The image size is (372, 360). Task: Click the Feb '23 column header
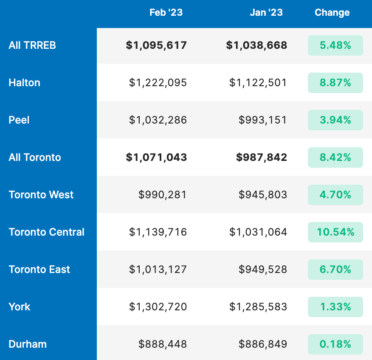coord(166,13)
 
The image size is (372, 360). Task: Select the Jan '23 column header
coord(266,13)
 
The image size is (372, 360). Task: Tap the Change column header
coord(332,13)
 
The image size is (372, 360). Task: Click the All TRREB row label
coord(32,45)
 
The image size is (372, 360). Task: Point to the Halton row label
coord(24,83)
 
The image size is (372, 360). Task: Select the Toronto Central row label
coord(47,232)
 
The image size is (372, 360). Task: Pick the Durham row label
coord(28,344)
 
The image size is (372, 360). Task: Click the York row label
coord(20,307)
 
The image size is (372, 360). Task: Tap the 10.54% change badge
coord(335,232)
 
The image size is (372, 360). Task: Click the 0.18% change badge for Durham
coord(335,344)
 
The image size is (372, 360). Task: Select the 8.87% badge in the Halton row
coord(335,83)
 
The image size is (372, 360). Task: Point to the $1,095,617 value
coord(156,45)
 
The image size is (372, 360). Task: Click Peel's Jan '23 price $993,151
coord(263,120)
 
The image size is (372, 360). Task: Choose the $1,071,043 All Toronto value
coord(156,157)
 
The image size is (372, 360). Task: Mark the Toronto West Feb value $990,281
coord(163,195)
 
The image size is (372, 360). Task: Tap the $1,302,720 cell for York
coord(158,307)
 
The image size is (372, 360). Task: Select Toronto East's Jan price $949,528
coord(263,270)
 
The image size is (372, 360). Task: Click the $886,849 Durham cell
coord(263,344)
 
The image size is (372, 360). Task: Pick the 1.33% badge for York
coord(335,307)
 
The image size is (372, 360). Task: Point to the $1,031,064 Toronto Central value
coord(258,232)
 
